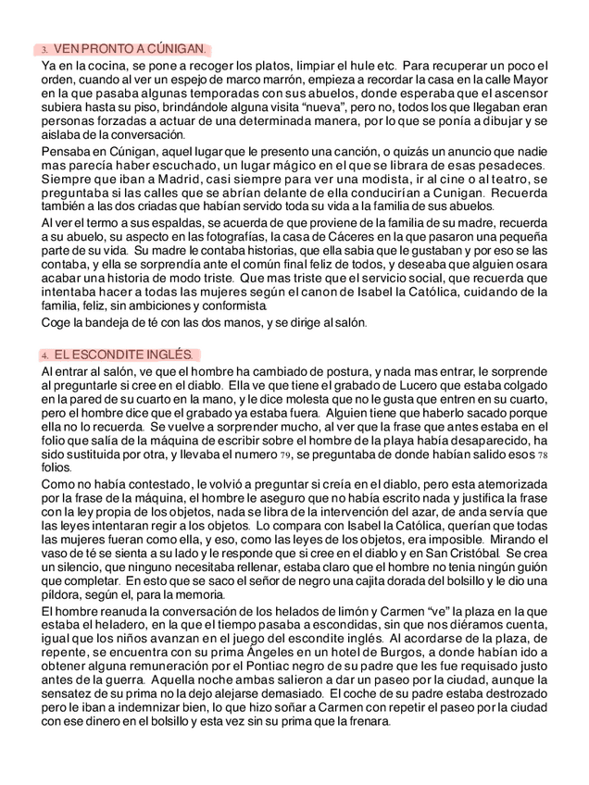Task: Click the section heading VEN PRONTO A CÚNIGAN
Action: tap(130, 48)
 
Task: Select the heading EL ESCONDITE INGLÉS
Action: tap(122, 355)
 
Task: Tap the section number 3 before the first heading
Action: tap(44, 49)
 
